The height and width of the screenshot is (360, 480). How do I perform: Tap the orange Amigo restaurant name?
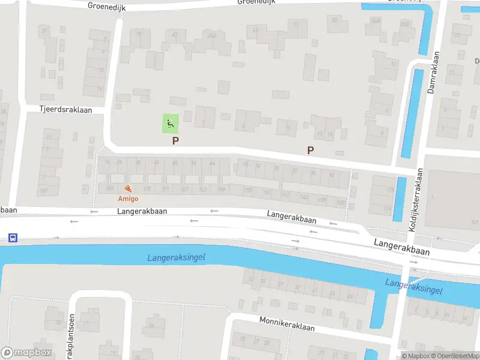pyautogui.click(x=128, y=199)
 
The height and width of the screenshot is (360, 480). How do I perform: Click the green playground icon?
pyautogui.click(x=170, y=124)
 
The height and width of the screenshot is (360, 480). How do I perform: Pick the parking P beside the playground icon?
pyautogui.click(x=175, y=141)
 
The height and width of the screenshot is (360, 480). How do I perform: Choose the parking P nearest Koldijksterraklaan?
pyautogui.click(x=310, y=151)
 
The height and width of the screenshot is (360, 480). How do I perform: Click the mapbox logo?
pyautogui.click(x=26, y=352)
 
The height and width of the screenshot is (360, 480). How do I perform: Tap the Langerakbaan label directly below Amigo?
pyautogui.click(x=142, y=211)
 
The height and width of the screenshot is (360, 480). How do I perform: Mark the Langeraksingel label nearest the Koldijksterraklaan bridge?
pyautogui.click(x=414, y=287)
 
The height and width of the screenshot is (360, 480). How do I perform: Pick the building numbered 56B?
pyautogui.click(x=406, y=25)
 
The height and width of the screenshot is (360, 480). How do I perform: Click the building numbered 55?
pyautogui.click(x=334, y=23)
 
